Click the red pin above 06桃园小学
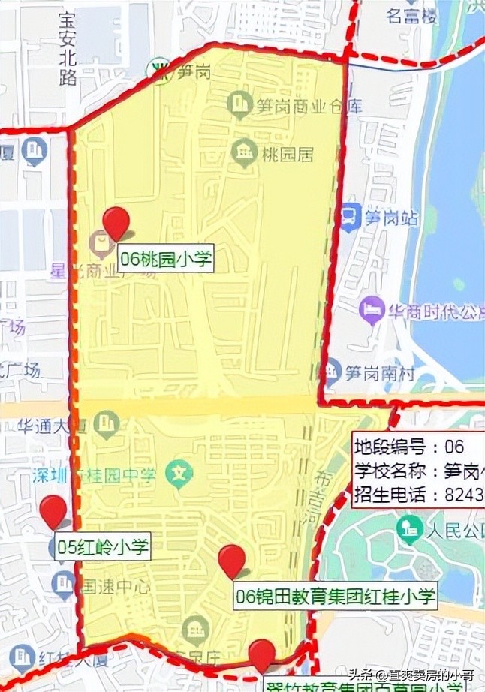116,221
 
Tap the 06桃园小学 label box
166,260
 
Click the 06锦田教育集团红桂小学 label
335,597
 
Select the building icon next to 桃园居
242,152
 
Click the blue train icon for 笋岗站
349,218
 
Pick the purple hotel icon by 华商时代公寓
372,308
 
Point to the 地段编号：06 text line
409,447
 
